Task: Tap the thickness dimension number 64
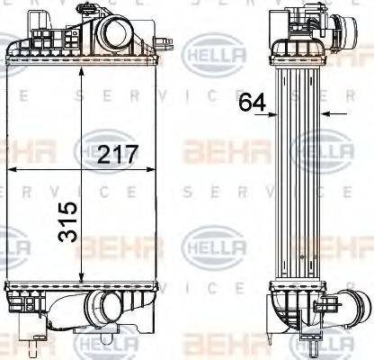click(x=253, y=103)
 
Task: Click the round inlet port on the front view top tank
click(x=118, y=35)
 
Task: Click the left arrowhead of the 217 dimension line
click(x=11, y=168)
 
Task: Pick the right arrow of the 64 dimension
click(x=325, y=114)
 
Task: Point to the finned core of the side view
click(x=301, y=180)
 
